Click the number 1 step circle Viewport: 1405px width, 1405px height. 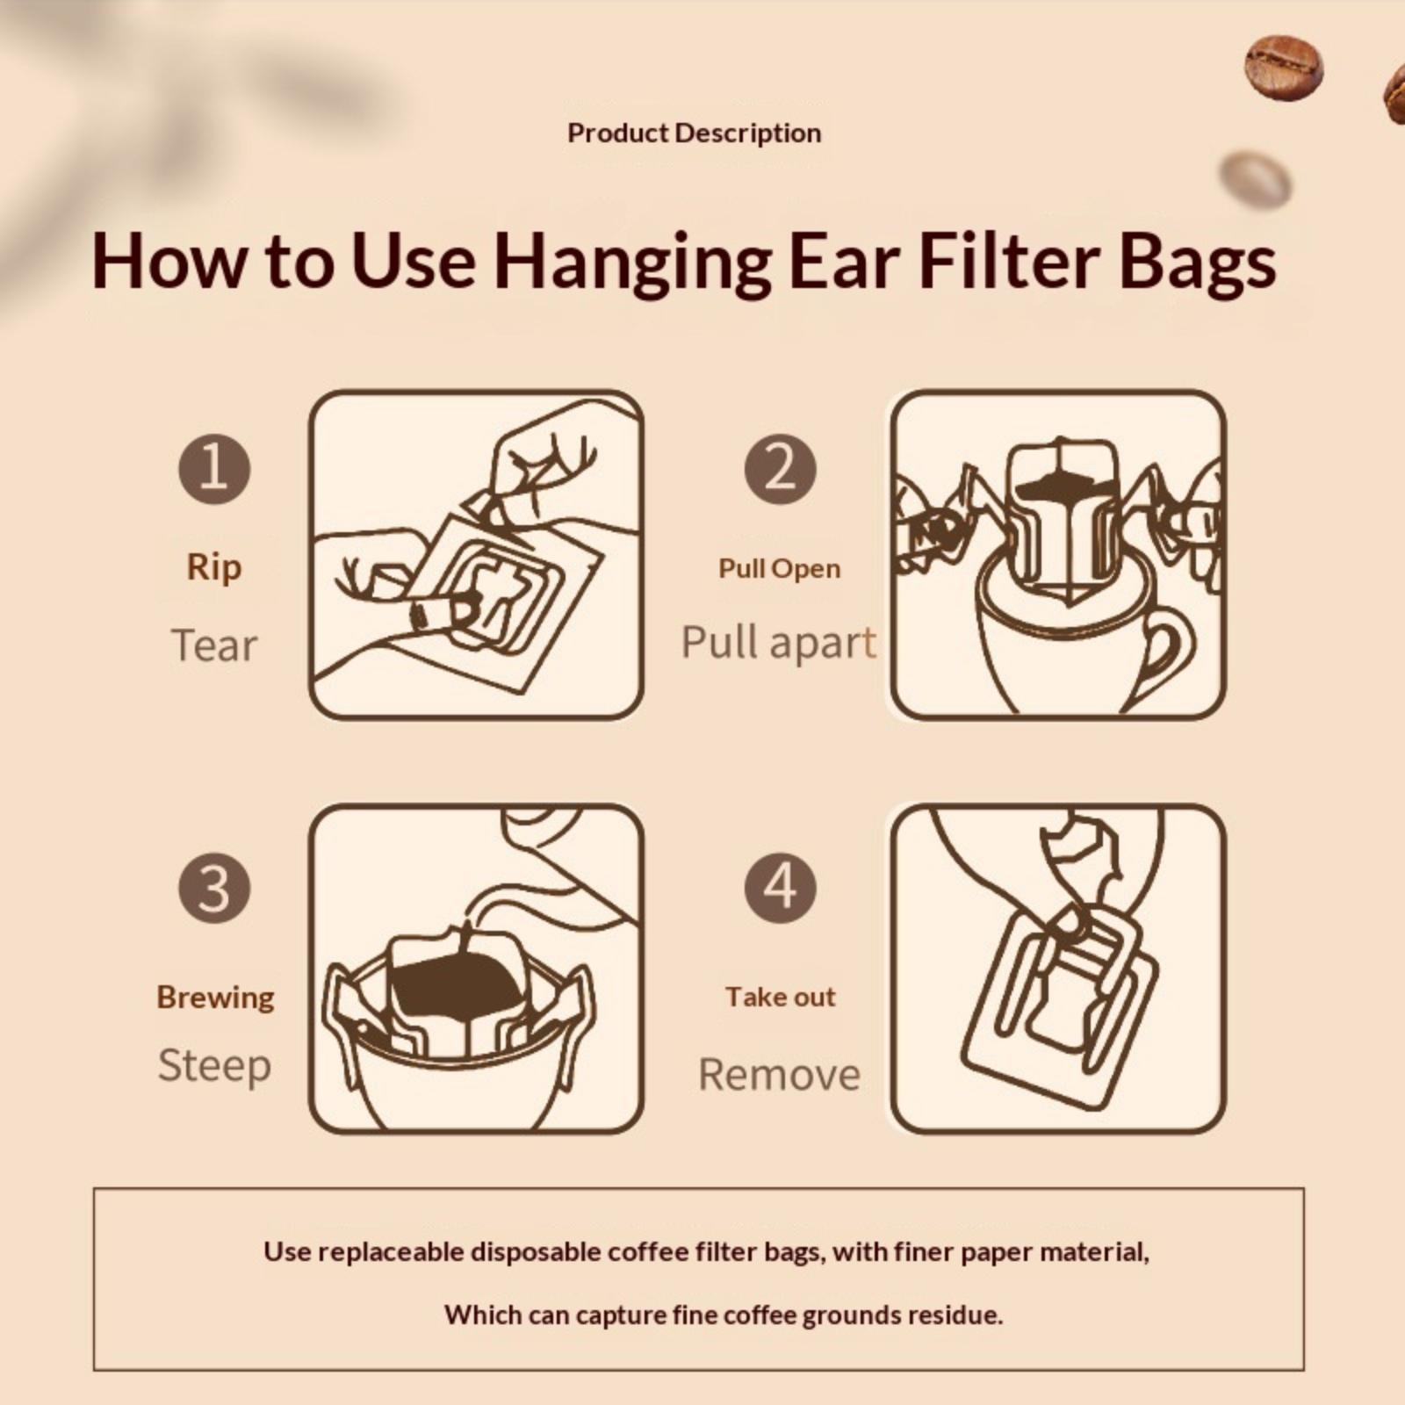[214, 468]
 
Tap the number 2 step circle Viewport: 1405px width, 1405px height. [780, 468]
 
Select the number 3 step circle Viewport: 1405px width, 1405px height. [214, 887]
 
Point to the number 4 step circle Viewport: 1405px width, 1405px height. [780, 887]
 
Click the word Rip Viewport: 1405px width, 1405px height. [214, 568]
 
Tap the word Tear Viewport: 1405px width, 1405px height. [214, 645]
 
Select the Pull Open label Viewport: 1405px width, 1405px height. [780, 569]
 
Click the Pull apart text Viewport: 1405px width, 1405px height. [779, 644]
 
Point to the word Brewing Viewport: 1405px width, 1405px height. [215, 998]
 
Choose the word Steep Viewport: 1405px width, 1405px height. [214, 1066]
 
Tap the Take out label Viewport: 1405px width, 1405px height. [781, 997]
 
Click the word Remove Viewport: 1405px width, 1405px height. [780, 1074]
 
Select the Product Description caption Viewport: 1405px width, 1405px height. [695, 133]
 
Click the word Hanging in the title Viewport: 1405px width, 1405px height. [631, 261]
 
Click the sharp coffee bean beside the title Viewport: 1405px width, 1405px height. [1284, 67]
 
